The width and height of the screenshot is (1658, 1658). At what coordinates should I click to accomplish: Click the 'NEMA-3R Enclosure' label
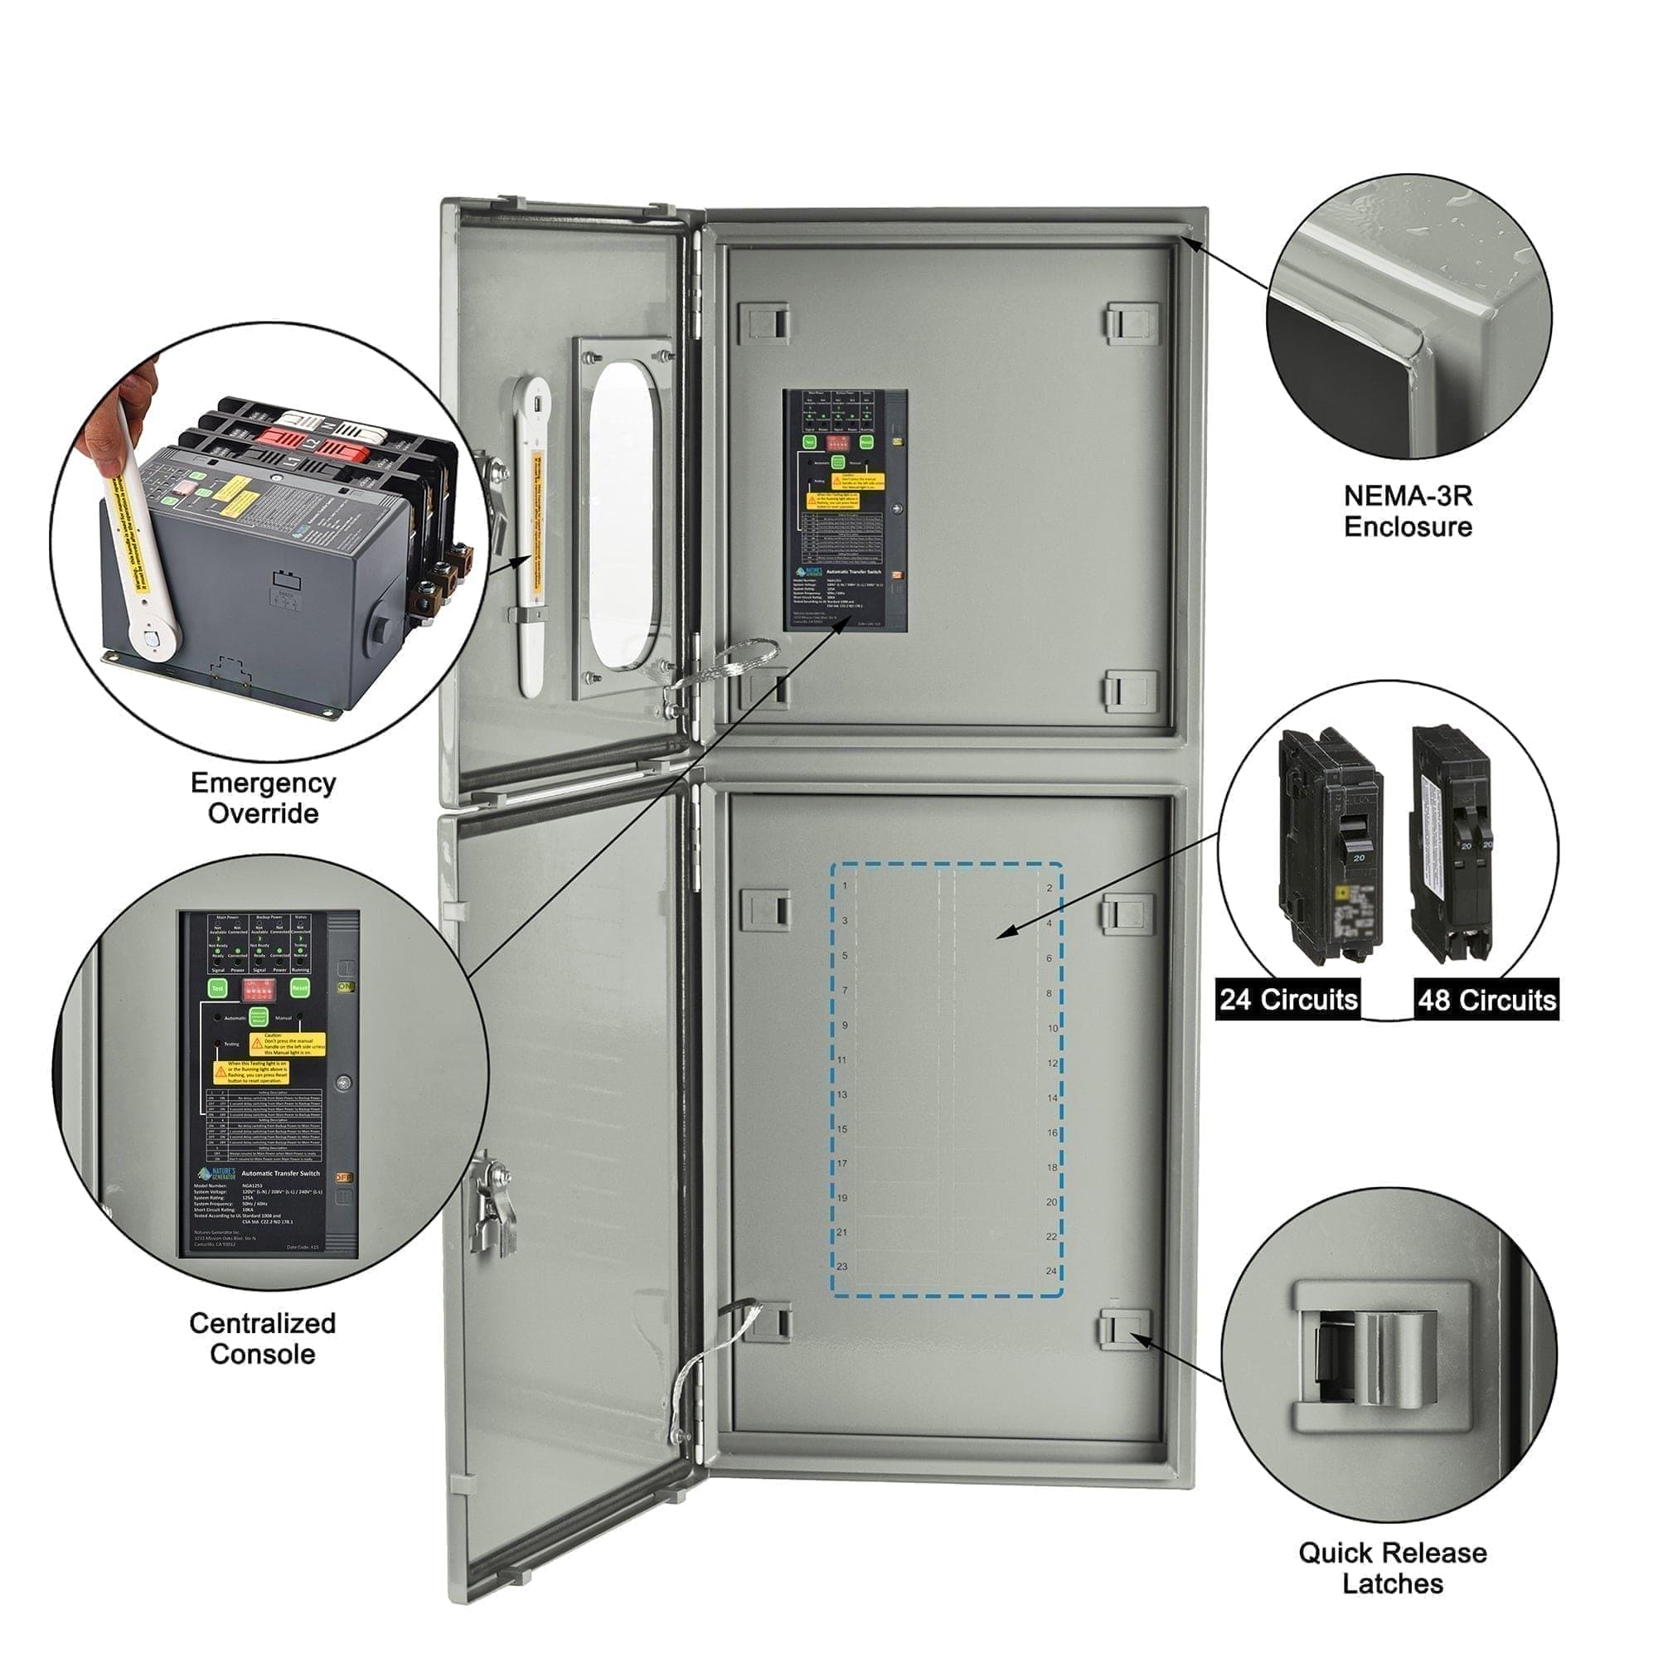point(1408,511)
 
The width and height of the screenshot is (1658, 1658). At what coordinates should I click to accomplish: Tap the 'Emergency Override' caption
point(263,798)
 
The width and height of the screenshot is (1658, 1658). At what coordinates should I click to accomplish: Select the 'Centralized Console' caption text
point(263,1339)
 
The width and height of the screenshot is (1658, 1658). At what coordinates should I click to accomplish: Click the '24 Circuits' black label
point(1288,999)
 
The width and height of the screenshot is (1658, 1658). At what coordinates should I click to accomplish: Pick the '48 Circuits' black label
point(1486,1000)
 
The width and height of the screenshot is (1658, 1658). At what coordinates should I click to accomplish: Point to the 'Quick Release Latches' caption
point(1392,1568)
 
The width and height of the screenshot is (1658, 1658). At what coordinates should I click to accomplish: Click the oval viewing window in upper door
point(624,515)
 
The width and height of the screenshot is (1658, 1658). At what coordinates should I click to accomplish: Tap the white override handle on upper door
point(532,532)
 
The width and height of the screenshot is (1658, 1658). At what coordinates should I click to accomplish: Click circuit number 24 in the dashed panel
point(1051,1271)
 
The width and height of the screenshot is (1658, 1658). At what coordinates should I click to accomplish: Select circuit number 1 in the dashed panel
point(845,885)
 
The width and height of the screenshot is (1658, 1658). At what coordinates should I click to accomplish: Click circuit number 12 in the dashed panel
point(1052,1064)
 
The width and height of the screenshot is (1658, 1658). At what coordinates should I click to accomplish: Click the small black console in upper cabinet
point(845,510)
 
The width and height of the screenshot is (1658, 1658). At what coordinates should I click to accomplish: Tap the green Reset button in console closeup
point(299,988)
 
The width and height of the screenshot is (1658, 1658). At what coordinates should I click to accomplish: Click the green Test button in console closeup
point(218,989)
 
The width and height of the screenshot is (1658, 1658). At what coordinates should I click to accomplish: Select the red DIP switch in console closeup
point(259,989)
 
